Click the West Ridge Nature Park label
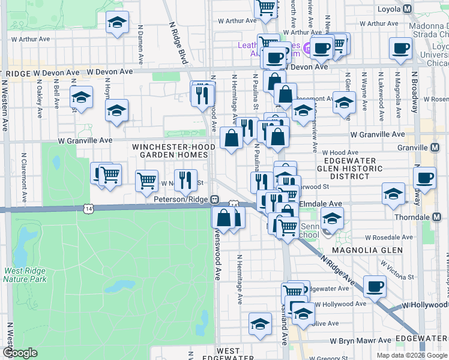coord(25,275)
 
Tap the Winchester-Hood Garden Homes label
coord(170,150)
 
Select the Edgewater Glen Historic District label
coord(349,169)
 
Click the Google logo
coord(20,353)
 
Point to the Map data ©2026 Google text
coord(411,355)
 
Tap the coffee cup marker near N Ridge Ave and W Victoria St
coord(375,287)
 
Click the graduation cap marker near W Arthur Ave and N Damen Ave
coord(117,23)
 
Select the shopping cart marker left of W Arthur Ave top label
coord(266,7)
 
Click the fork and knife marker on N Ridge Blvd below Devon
coord(203,94)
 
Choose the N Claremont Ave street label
coord(23,179)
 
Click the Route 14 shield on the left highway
coord(89,208)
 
